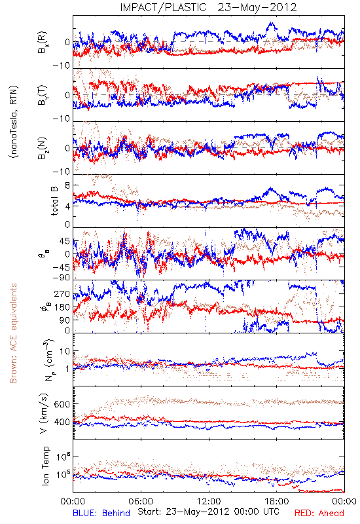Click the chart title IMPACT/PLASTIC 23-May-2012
pyautogui.click(x=208, y=7)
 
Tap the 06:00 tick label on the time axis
pyautogui.click(x=141, y=502)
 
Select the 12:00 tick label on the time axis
pyautogui.click(x=209, y=502)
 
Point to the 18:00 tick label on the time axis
pyautogui.click(x=277, y=502)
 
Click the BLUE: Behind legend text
pyautogui.click(x=101, y=513)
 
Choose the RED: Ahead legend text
pyautogui.click(x=319, y=513)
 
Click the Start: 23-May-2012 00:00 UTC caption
pyautogui.click(x=208, y=512)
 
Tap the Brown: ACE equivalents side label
pyautogui.click(x=12, y=333)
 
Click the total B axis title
pyautogui.click(x=54, y=200)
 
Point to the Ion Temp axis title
pyautogui.click(x=45, y=466)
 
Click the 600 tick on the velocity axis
pyautogui.click(x=62, y=404)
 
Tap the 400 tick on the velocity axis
pyautogui.click(x=62, y=422)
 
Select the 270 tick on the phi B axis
pyautogui.click(x=62, y=294)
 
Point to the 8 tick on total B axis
pyautogui.click(x=67, y=185)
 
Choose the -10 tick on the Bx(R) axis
pyautogui.click(x=61, y=65)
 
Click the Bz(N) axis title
pyautogui.click(x=43, y=148)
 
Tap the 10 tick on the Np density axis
pyautogui.click(x=65, y=351)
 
